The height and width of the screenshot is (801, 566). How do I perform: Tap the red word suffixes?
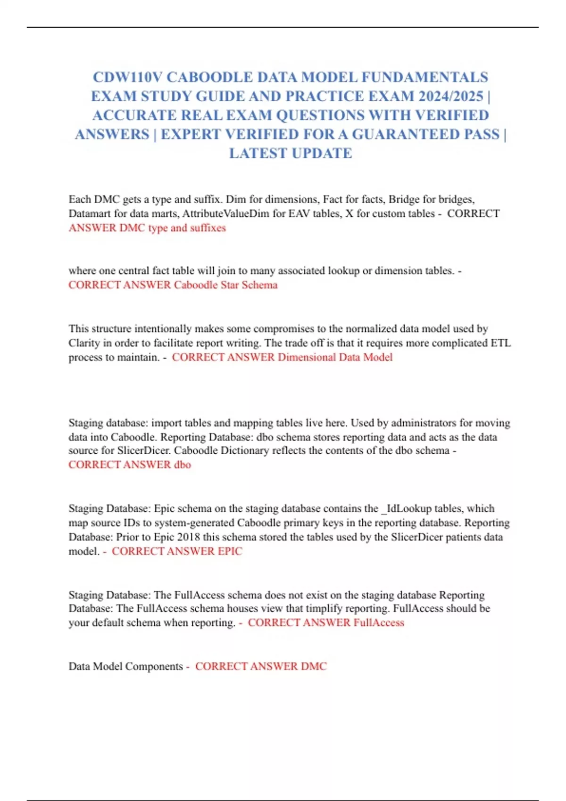[x=208, y=228]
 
